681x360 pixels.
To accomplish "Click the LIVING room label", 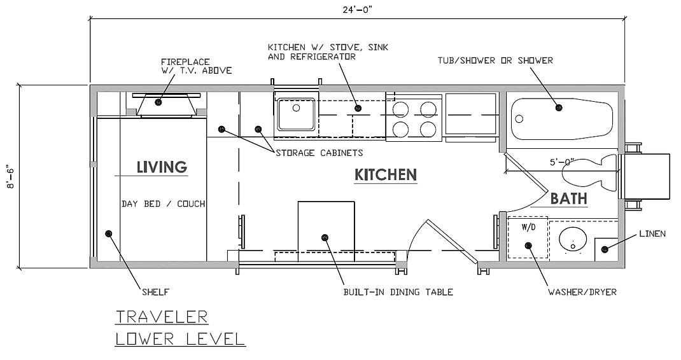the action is pos(162,167).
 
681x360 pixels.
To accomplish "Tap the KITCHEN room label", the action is pos(386,174).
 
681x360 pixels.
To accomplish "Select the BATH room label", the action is pos(568,198).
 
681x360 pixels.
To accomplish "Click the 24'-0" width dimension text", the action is pos(357,10).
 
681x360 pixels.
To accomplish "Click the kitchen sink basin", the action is pos(297,114).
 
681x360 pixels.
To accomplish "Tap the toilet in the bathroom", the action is pos(590,173).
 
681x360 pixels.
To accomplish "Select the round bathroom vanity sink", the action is pos(572,240).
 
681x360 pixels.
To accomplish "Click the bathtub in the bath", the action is pos(562,119).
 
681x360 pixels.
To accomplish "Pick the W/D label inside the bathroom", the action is pos(528,227).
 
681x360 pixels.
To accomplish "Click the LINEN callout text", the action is pos(652,233).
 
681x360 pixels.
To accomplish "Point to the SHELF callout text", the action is pos(155,292).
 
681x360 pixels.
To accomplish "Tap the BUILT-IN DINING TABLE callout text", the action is pos(398,292).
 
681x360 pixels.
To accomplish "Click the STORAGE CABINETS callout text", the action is pos(319,153).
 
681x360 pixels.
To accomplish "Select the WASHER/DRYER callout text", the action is pos(582,292).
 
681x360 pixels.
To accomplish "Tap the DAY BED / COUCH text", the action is pos(163,204).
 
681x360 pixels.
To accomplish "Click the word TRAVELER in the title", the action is pos(162,317).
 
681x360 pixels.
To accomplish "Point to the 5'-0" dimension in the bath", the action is pos(561,162).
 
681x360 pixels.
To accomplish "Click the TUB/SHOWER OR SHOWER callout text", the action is pos(495,60).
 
